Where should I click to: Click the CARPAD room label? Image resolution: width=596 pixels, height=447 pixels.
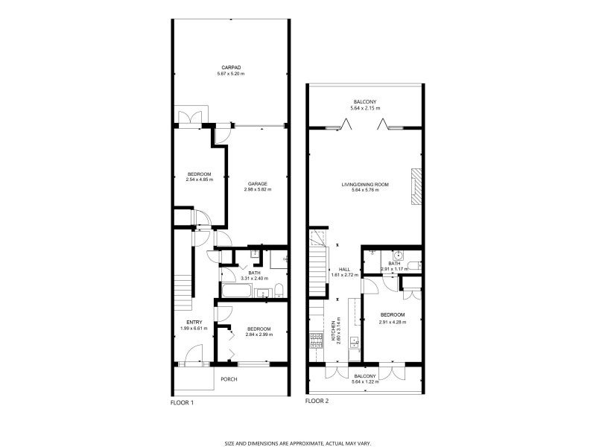[229, 67]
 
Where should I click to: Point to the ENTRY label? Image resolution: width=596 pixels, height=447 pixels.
[184, 323]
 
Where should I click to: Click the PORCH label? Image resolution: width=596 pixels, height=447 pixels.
[229, 379]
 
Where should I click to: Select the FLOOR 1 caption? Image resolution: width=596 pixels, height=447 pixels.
[182, 402]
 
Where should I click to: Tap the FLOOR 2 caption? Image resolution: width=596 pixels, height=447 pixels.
[317, 401]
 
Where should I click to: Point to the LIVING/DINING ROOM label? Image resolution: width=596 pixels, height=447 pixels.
[365, 184]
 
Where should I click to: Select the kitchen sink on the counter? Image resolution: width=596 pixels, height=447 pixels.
[355, 343]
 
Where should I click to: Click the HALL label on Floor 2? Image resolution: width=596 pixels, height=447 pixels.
[344, 270]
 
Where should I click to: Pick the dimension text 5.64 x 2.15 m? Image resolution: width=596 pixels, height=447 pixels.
[365, 109]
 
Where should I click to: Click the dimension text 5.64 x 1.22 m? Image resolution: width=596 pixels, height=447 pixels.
[365, 382]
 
